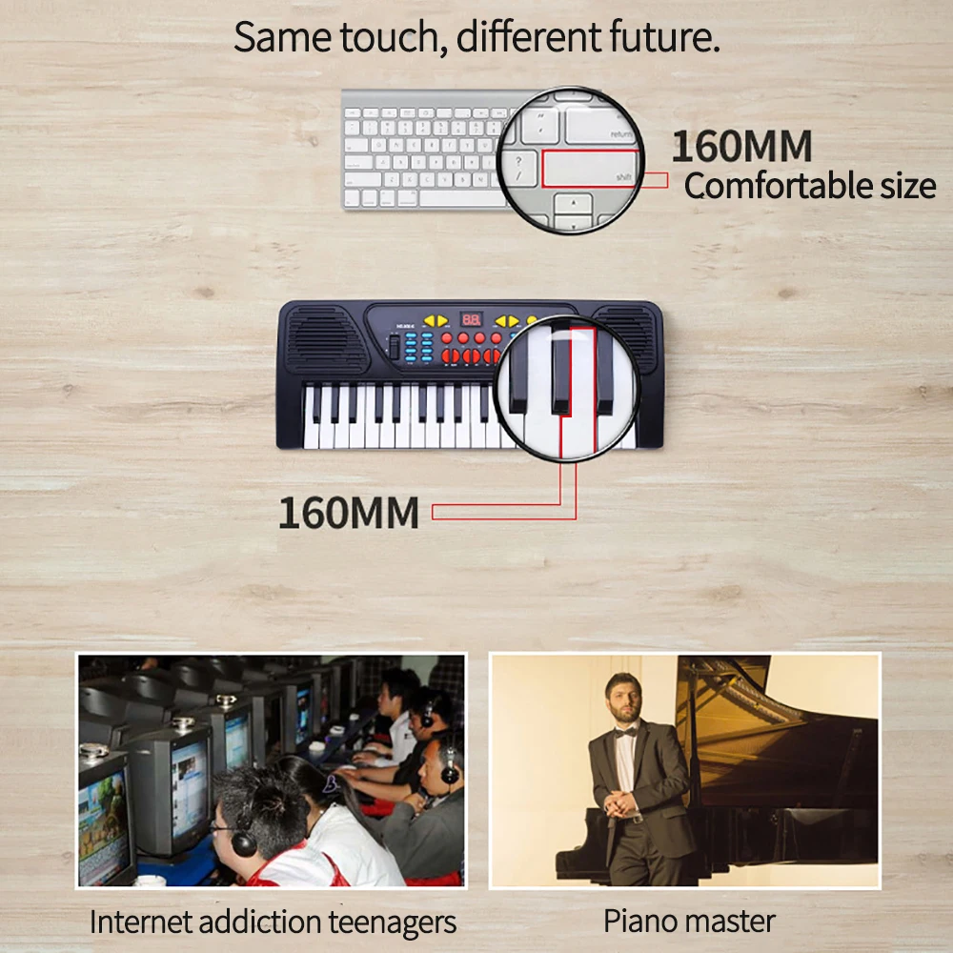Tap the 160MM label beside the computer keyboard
(741, 147)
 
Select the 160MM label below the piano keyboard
(349, 513)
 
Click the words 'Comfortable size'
(809, 186)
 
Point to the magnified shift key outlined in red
(590, 168)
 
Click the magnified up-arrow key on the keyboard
(574, 208)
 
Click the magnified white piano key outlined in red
(582, 391)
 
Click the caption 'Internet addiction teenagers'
(273, 922)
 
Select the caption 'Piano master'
(689, 922)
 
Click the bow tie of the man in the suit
(624, 732)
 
